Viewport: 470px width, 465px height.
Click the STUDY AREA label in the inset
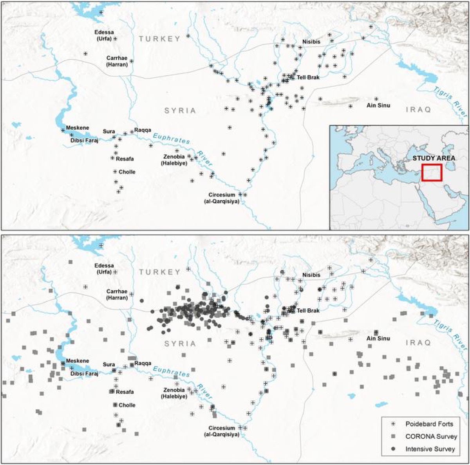(x=434, y=158)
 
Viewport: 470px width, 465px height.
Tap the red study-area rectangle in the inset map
(x=432, y=172)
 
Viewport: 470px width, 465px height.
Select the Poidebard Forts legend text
(x=429, y=424)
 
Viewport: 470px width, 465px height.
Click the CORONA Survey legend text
(x=431, y=436)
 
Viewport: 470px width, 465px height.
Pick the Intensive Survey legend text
(x=430, y=449)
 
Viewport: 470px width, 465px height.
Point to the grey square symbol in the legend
(x=394, y=436)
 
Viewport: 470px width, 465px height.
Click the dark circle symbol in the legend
(x=394, y=449)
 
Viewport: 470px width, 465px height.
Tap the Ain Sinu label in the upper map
(x=378, y=105)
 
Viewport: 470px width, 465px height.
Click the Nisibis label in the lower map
(x=311, y=275)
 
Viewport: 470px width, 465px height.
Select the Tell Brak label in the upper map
(x=308, y=77)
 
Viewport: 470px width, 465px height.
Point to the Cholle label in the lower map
(x=127, y=405)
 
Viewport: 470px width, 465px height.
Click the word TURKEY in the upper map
(x=159, y=39)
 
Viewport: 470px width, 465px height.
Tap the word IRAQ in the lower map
(x=418, y=343)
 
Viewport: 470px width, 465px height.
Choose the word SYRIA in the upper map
(x=180, y=110)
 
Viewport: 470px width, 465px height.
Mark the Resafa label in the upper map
(x=125, y=159)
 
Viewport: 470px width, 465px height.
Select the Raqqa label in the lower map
(x=143, y=363)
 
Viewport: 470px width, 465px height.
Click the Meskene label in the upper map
(x=77, y=128)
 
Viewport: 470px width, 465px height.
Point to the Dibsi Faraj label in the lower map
(x=84, y=373)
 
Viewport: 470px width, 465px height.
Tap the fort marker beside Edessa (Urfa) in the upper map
(x=116, y=38)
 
